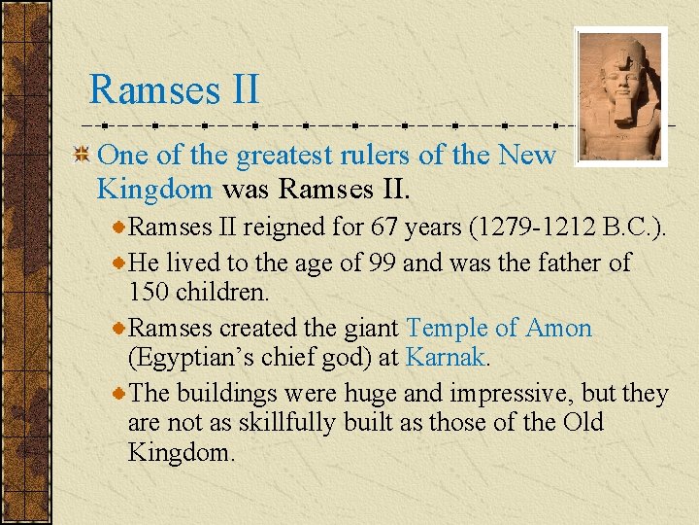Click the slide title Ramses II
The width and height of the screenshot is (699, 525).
point(174,89)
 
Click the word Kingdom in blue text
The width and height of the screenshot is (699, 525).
point(154,187)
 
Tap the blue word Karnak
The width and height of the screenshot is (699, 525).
point(445,357)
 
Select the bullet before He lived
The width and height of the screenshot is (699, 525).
point(118,262)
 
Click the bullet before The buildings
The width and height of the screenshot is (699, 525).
point(118,393)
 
